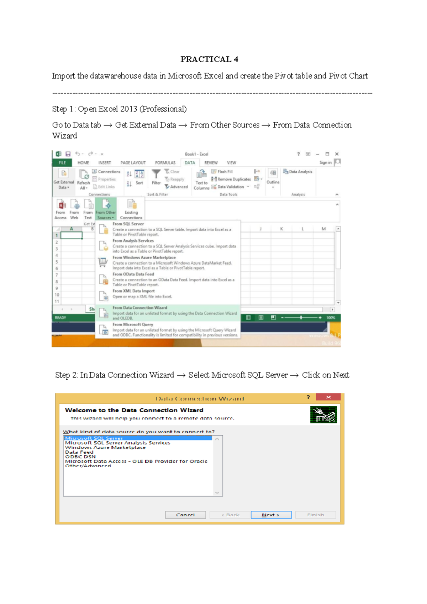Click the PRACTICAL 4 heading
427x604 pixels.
pyautogui.click(x=209, y=59)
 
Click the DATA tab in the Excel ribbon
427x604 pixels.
pyautogui.click(x=190, y=163)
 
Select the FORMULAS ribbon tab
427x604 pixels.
pyautogui.click(x=165, y=163)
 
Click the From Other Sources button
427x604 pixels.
pyautogui.click(x=106, y=209)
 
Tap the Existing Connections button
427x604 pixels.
pyautogui.click(x=131, y=209)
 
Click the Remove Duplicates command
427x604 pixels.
pyautogui.click(x=231, y=179)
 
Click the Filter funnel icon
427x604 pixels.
pyautogui.click(x=156, y=175)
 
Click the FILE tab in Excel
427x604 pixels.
pyautogui.click(x=62, y=163)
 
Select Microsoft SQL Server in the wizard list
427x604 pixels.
pyautogui.click(x=94, y=438)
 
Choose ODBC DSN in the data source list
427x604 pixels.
pyautogui.click(x=80, y=457)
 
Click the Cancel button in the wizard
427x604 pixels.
pyautogui.click(x=185, y=515)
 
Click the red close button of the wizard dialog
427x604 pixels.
pyautogui.click(x=328, y=397)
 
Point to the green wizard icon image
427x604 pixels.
pyautogui.click(x=323, y=415)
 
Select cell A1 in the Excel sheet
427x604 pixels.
pyautogui.click(x=72, y=235)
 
